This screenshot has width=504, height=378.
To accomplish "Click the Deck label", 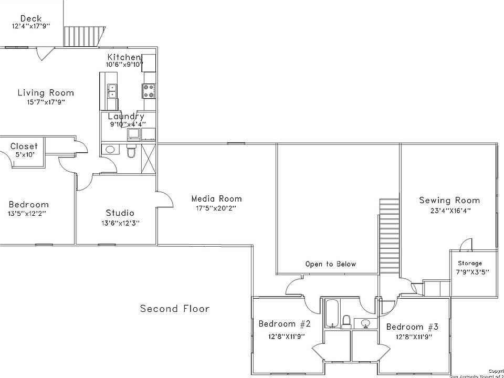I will [x=31, y=18].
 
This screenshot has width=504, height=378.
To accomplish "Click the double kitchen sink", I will [x=112, y=91].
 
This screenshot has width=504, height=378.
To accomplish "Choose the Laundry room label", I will [x=126, y=117].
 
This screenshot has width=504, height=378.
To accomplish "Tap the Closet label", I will [x=24, y=146].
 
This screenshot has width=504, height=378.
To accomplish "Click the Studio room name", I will [x=120, y=213].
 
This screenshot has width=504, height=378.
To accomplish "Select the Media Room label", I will [x=216, y=198].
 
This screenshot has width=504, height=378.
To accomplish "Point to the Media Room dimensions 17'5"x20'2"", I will [x=216, y=208].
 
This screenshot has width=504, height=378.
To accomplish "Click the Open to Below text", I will [x=331, y=264].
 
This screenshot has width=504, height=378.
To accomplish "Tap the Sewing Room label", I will [x=449, y=200].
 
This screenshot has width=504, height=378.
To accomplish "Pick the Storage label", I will [x=470, y=263].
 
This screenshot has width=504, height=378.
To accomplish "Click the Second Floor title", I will [x=174, y=309].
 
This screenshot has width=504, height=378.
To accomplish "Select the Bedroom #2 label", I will [x=285, y=323].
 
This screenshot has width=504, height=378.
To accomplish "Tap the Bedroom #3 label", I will [x=412, y=327].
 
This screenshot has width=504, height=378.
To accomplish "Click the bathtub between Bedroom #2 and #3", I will [x=332, y=313].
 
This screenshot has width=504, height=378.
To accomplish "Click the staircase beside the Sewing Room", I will [x=389, y=234].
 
